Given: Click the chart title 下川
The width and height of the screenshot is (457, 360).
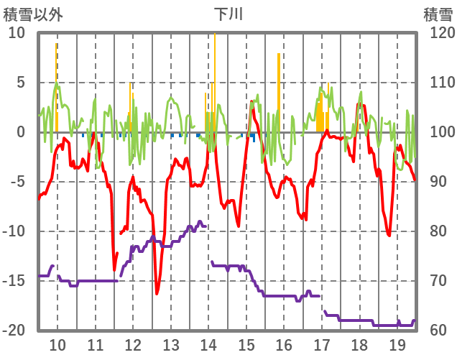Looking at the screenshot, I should [228, 14].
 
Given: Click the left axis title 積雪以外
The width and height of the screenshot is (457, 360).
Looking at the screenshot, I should [33, 14].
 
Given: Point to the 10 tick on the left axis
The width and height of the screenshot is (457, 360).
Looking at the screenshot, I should [16, 33].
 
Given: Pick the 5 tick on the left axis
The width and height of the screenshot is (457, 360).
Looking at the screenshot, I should [19, 83].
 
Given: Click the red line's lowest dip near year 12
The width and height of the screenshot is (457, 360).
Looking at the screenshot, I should [157, 293].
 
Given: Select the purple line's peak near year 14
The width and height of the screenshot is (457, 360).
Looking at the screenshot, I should [200, 222].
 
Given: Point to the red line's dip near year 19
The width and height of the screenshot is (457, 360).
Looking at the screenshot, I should [389, 234].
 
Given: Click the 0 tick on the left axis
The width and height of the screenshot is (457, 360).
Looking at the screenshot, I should [19, 132].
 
